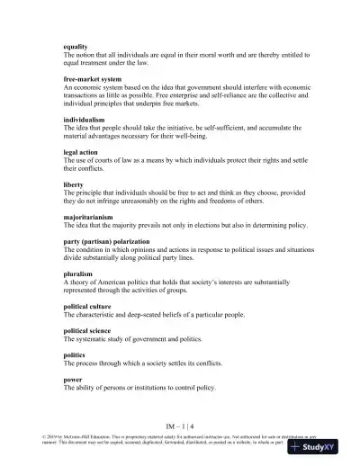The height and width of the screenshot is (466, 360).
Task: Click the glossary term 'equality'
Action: click(76, 46)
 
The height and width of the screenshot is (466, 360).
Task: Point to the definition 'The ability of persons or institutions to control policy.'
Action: click(152, 388)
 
